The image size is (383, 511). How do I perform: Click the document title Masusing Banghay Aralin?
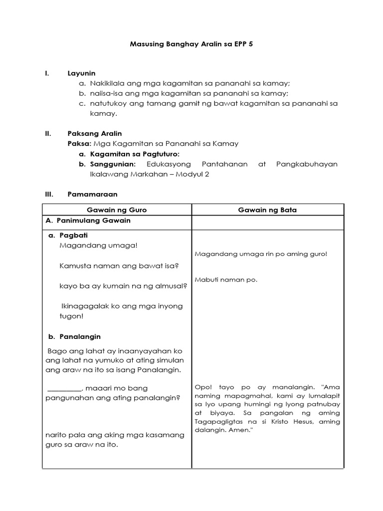click(x=192, y=44)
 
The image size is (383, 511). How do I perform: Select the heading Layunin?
click(x=81, y=73)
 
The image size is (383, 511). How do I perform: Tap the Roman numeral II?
click(x=48, y=133)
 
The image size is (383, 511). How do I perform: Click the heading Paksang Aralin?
click(x=95, y=133)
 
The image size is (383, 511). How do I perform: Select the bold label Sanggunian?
click(x=113, y=164)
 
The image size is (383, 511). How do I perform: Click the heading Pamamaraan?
click(x=92, y=194)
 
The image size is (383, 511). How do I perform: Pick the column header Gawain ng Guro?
click(x=117, y=210)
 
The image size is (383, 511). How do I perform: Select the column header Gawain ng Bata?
click(x=267, y=210)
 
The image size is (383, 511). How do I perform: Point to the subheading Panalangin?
click(x=80, y=337)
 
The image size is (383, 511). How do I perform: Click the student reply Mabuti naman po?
click(x=226, y=279)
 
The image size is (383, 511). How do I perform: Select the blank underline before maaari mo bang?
click(x=64, y=388)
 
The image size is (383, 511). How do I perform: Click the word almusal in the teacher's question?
click(x=171, y=286)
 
